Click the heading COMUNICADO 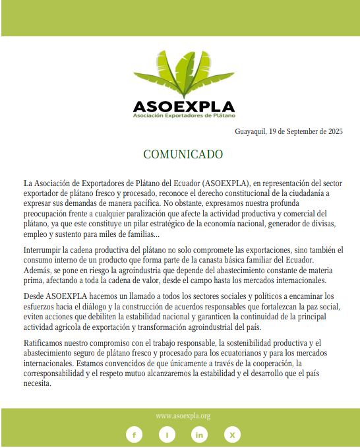point(183,154)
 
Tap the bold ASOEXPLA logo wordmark point(183,106)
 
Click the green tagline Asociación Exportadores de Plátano point(183,116)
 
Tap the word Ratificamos point(45,343)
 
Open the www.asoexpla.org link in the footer point(183,416)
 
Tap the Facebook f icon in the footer point(134,435)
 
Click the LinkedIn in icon point(199,435)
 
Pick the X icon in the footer point(232,435)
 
